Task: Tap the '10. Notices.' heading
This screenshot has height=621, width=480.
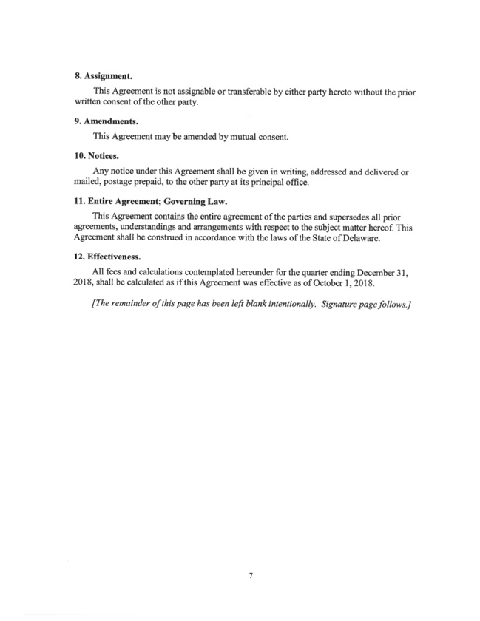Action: coord(101,156)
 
